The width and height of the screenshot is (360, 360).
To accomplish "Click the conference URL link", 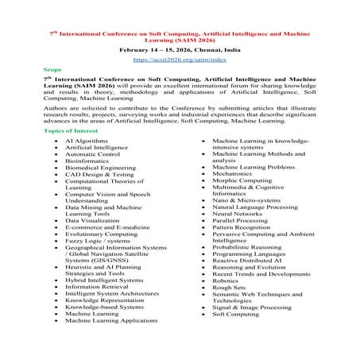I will [x=180, y=59].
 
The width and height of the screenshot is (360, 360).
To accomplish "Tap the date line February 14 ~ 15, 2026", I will [x=180, y=49].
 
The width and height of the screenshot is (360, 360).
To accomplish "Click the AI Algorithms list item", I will [x=87, y=140].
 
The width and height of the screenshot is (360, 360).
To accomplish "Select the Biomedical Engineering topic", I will [x=100, y=168].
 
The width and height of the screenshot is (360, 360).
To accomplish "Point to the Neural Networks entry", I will [x=238, y=214].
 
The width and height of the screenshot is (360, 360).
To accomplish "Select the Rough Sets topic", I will [x=230, y=311].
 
